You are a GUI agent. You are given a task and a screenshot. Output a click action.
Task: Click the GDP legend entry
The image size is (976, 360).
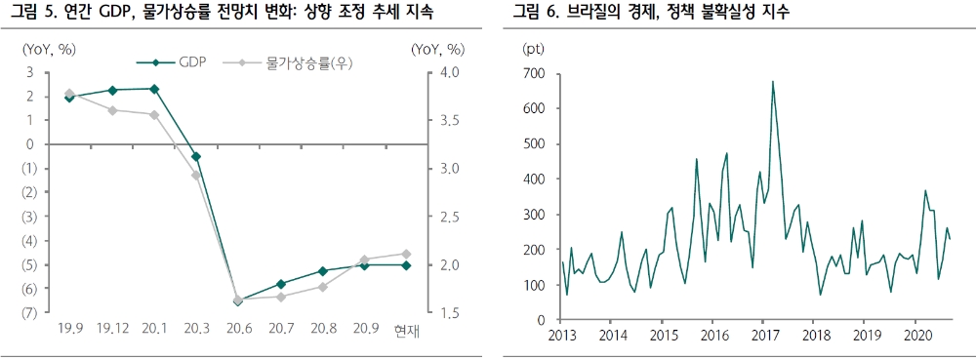pyautogui.click(x=181, y=62)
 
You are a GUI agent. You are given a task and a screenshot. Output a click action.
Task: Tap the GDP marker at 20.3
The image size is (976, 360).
pyautogui.click(x=196, y=156)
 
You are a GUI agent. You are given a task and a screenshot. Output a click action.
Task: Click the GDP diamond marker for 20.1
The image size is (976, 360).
pyautogui.click(x=154, y=89)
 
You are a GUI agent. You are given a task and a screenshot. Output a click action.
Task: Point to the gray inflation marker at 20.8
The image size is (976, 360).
pyautogui.click(x=322, y=287)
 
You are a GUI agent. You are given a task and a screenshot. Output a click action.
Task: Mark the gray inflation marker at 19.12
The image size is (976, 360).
pyautogui.click(x=112, y=110)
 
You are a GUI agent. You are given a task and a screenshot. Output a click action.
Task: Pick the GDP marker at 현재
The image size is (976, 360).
pyautogui.click(x=406, y=265)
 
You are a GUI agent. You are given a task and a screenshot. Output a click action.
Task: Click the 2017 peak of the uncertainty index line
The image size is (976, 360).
pyautogui.click(x=772, y=82)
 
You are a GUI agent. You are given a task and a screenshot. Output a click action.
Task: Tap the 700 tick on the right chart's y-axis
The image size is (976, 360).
pyautogui.click(x=535, y=73)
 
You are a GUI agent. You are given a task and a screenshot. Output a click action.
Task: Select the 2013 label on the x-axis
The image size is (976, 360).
pyautogui.click(x=562, y=337)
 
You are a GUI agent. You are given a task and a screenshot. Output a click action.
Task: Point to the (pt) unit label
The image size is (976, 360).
pyautogui.click(x=535, y=48)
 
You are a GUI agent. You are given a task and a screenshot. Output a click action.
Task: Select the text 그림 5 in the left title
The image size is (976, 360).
pyautogui.click(x=32, y=13)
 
